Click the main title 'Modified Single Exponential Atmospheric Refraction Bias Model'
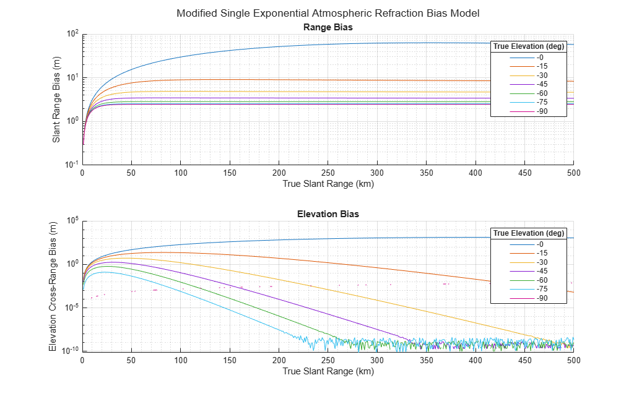[x=328, y=13]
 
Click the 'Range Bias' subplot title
[x=328, y=27]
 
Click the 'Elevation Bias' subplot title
[x=328, y=214]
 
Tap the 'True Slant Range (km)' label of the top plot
[x=328, y=184]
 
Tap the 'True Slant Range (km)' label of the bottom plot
[x=328, y=371]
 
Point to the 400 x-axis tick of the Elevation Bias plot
[x=475, y=359]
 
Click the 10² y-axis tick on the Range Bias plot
[x=73, y=34]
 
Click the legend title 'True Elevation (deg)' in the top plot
[x=528, y=46]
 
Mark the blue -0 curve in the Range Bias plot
[x=279, y=46]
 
